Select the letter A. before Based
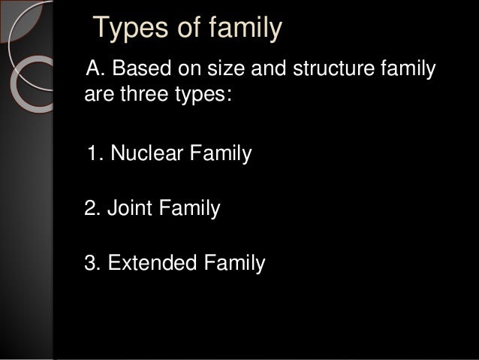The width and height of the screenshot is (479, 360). pos(97,71)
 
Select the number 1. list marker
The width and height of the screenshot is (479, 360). pos(95,155)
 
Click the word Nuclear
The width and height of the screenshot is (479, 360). pos(142,155)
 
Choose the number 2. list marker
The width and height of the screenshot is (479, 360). pos(95,207)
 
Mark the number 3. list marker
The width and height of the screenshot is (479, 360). pos(95,263)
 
